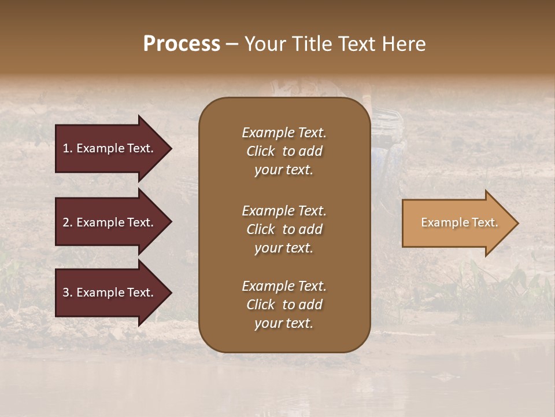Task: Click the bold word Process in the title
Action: coord(182,44)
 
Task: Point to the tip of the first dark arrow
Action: coord(171,148)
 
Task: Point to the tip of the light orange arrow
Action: coord(517,223)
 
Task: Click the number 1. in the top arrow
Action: coord(68,148)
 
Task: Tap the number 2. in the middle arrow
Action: coord(68,222)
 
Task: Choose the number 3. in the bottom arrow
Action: coord(68,292)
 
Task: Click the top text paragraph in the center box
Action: coord(284,151)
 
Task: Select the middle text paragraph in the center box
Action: coord(284,229)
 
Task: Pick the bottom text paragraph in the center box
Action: coord(284,305)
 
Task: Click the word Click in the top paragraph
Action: coord(260,151)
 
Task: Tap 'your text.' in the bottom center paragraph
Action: coord(284,323)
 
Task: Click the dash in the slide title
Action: coord(232,45)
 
